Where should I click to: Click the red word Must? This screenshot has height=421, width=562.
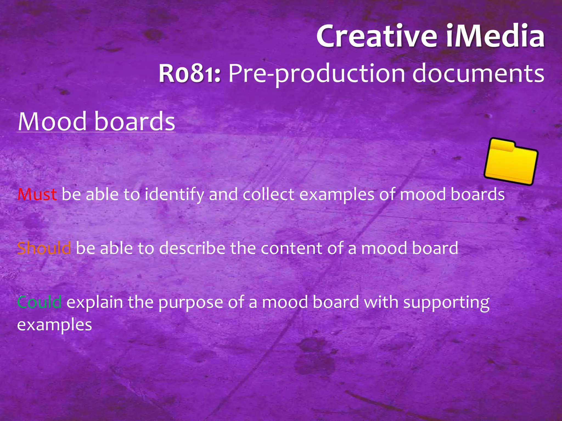(37, 195)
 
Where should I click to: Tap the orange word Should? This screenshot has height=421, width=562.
(44, 248)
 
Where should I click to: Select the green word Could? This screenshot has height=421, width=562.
(39, 302)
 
